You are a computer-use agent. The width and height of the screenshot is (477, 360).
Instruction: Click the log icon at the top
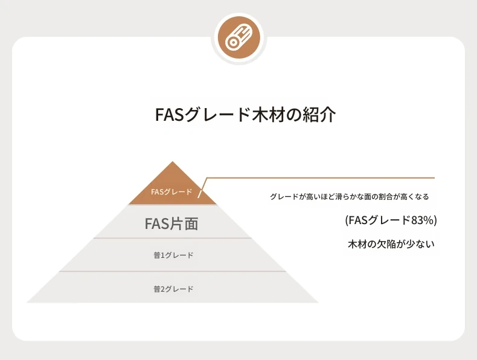(x=239, y=38)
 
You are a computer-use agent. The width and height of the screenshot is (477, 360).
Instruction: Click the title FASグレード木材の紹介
(x=246, y=115)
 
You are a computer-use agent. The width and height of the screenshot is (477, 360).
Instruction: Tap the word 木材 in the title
(x=269, y=115)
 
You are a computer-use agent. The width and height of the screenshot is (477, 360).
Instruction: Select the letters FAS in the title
(x=169, y=115)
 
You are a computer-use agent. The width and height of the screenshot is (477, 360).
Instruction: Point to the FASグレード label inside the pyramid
(x=171, y=192)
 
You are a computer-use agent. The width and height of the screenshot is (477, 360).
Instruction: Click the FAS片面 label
(x=171, y=223)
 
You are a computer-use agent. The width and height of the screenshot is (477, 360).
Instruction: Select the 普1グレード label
(x=173, y=256)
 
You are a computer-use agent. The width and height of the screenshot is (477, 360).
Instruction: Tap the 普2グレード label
(x=173, y=289)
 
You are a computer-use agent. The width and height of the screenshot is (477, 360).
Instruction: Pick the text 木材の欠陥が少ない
(x=391, y=244)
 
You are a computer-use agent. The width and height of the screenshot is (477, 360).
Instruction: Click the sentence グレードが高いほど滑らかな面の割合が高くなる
(x=349, y=196)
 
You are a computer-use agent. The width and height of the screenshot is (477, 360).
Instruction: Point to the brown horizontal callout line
(x=321, y=178)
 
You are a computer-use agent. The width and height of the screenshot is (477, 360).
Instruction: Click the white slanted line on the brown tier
(x=202, y=188)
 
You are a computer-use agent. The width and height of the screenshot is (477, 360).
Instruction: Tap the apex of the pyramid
(x=173, y=162)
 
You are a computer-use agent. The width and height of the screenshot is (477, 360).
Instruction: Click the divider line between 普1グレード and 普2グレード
(x=173, y=271)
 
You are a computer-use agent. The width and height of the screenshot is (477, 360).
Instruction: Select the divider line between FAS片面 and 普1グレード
(x=173, y=238)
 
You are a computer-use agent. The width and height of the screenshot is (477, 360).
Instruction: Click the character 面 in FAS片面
(x=191, y=223)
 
